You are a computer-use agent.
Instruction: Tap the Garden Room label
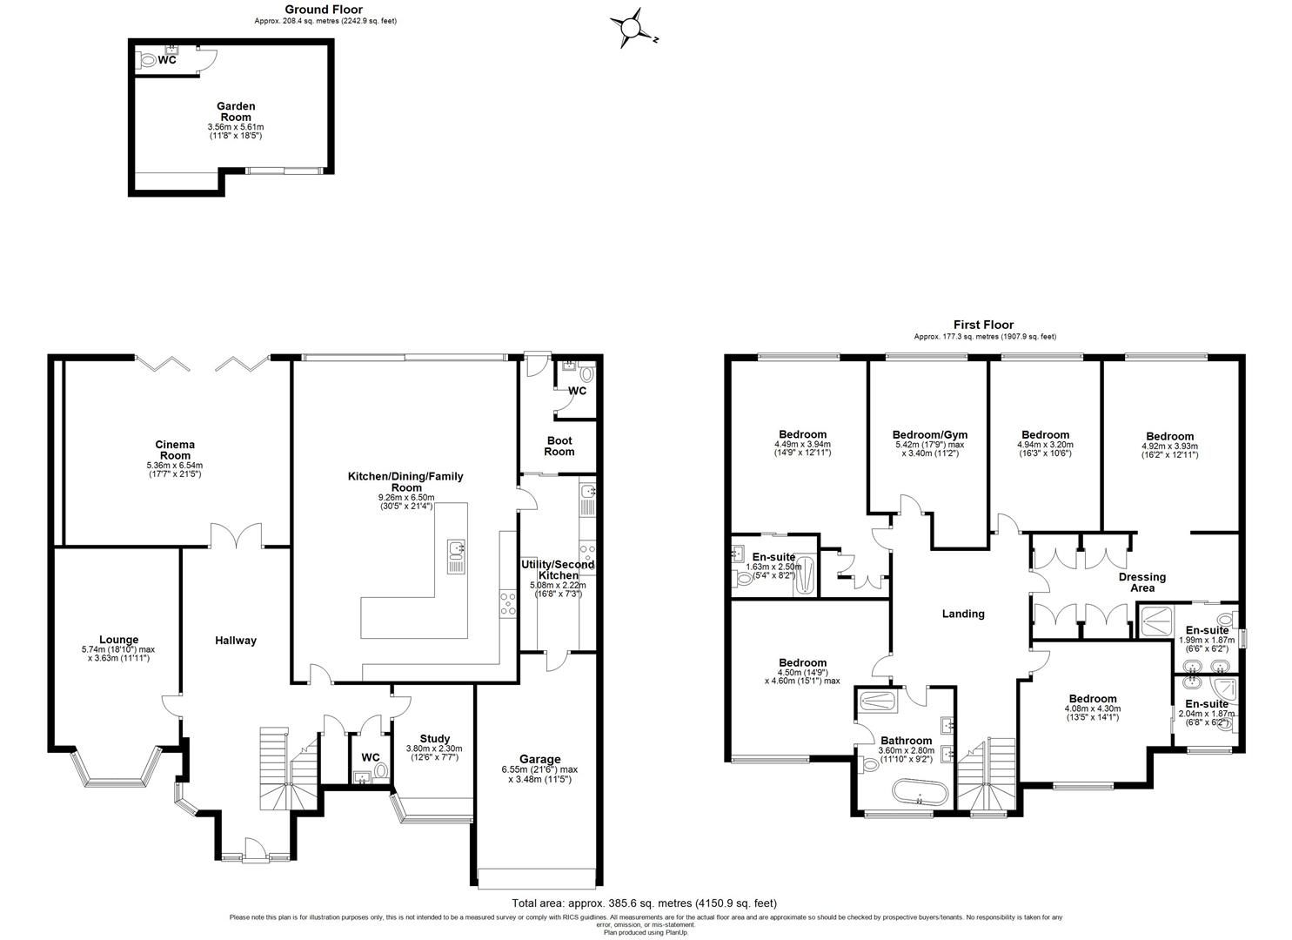tap(236, 111)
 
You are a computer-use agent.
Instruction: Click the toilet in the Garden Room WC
tap(147, 61)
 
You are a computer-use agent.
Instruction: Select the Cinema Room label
tap(175, 450)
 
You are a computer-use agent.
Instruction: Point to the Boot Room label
tap(559, 446)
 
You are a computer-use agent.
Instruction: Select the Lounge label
tap(118, 640)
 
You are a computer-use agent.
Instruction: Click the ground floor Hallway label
tap(236, 641)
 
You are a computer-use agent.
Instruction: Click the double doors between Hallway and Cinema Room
tap(236, 534)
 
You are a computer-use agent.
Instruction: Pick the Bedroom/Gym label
tap(929, 435)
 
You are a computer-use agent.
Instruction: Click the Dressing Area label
tap(1141, 582)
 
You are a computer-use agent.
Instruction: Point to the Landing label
tap(963, 614)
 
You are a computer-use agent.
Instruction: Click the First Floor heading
tap(984, 325)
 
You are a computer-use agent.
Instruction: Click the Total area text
tap(644, 903)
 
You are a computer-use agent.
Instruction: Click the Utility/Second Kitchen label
tap(558, 570)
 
